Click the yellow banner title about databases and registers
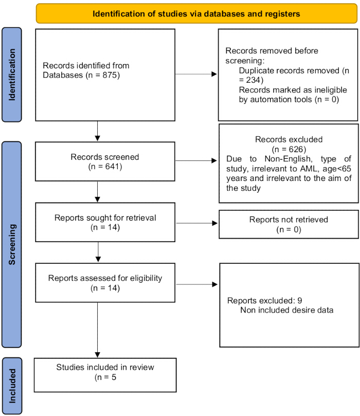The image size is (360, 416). pos(196,14)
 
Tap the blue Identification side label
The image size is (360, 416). pos(12,75)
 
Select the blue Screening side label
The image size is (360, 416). pos(12,244)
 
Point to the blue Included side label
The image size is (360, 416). pos(12,386)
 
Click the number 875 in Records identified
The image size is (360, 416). pos(110,75)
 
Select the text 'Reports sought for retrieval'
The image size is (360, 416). pos(105,218)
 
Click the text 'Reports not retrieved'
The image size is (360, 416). pos(289,220)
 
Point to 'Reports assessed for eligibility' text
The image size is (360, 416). pos(105,278)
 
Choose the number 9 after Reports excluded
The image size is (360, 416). pos(300,301)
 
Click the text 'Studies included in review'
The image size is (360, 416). pos(105,367)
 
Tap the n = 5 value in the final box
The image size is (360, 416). pos(105,377)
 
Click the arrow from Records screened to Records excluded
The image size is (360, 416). pos(196,160)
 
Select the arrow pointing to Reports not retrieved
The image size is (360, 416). pos(197,223)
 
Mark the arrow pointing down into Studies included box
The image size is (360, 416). pos(97,330)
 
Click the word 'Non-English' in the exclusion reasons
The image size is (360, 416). pos(289,159)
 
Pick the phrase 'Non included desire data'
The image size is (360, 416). pos(287,310)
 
